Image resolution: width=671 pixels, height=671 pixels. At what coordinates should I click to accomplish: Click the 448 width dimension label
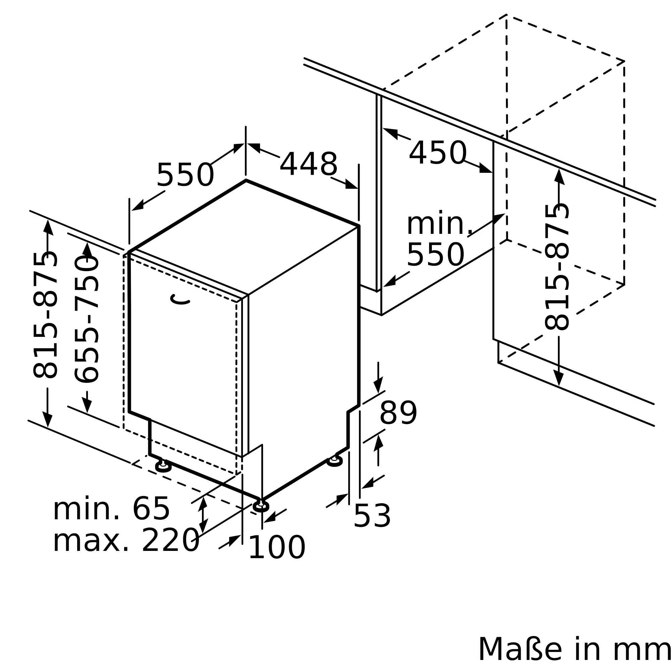click(x=308, y=164)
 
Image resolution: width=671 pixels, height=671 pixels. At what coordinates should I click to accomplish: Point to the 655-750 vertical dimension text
click(x=87, y=319)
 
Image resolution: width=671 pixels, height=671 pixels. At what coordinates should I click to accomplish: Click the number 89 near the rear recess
click(x=398, y=413)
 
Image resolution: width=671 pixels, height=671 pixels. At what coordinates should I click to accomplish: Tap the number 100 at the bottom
click(x=277, y=548)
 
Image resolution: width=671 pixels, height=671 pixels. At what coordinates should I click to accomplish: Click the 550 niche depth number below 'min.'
click(x=435, y=255)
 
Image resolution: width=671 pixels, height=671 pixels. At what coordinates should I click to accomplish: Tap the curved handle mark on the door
click(x=179, y=299)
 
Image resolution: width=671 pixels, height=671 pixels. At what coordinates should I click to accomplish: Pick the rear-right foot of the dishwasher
click(x=334, y=461)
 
